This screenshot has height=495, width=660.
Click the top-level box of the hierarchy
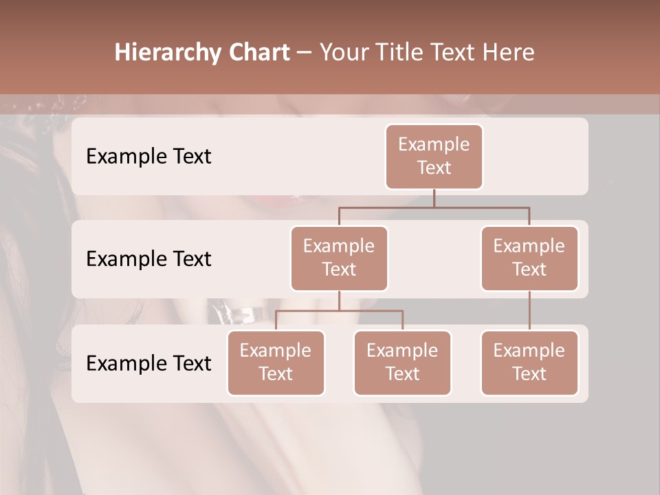click(x=434, y=156)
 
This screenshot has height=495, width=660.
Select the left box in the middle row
click(x=339, y=258)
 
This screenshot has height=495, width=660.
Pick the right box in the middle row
click(x=529, y=258)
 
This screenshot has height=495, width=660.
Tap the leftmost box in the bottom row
click(x=276, y=362)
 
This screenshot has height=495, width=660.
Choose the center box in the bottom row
click(x=402, y=362)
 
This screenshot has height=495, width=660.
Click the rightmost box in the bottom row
click(x=529, y=362)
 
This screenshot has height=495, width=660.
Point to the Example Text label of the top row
click(x=148, y=157)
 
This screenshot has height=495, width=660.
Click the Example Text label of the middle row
click(x=148, y=259)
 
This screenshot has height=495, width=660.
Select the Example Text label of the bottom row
click(x=148, y=364)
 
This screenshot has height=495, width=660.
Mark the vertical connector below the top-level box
click(x=434, y=198)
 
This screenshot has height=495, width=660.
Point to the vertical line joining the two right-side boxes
click(x=529, y=311)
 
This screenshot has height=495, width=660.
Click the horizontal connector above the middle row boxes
click(x=434, y=207)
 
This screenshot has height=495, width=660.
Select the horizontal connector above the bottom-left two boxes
click(x=339, y=311)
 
